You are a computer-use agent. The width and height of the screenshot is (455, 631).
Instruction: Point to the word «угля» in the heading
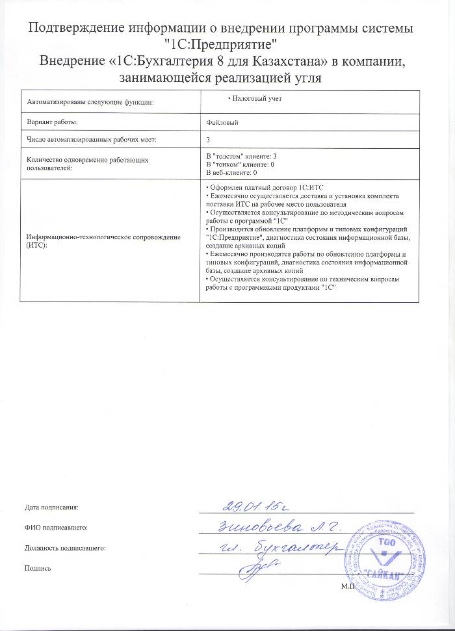(x=305, y=79)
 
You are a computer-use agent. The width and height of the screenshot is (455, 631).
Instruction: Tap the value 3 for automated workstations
(x=207, y=139)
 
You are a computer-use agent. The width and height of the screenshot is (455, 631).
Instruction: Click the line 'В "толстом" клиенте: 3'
(x=241, y=157)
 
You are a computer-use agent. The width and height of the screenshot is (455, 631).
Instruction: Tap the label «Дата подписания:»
(x=52, y=506)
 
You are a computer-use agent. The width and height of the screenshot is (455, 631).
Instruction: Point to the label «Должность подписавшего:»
(x=64, y=548)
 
